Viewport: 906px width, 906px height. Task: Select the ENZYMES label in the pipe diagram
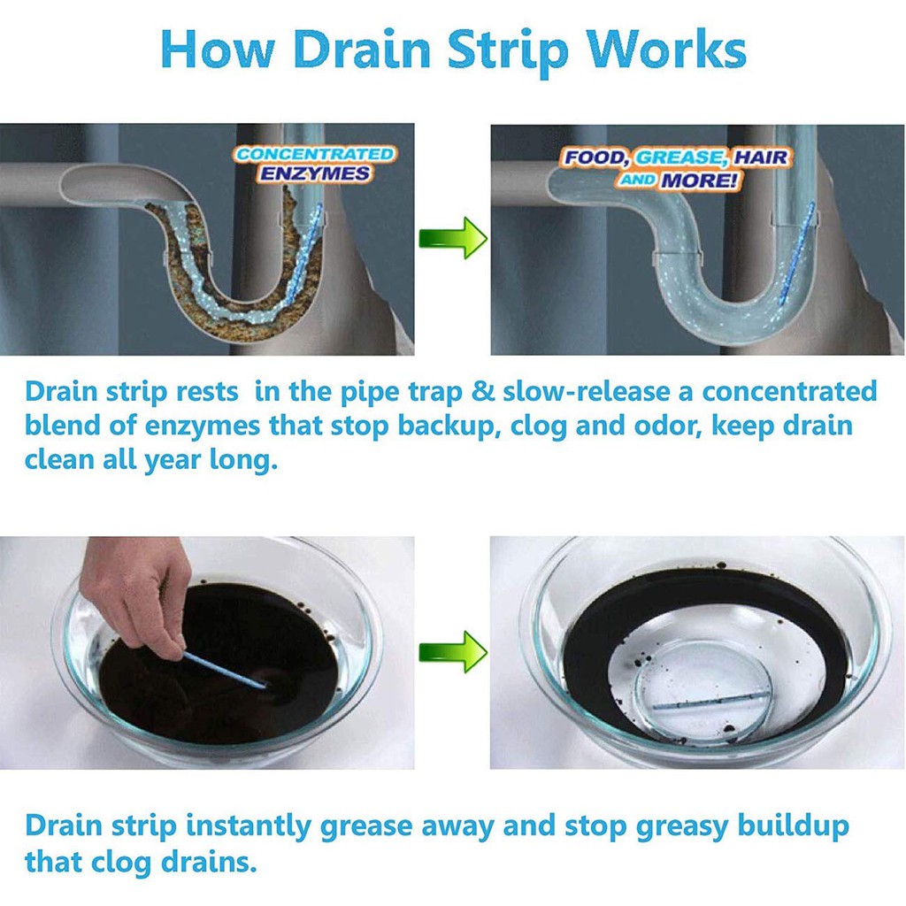(x=315, y=173)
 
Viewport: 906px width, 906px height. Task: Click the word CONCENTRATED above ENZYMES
(x=315, y=154)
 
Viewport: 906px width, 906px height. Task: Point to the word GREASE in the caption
(x=679, y=157)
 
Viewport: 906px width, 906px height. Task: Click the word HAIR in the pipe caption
(x=762, y=157)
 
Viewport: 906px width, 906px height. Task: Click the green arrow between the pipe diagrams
(x=452, y=238)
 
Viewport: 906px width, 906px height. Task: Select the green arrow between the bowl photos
(x=452, y=652)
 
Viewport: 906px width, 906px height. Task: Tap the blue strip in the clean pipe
(x=797, y=253)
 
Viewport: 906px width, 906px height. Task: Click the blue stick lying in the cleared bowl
(x=712, y=701)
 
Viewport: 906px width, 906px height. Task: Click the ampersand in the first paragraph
(x=483, y=392)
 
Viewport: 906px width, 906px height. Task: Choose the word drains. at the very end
(x=208, y=862)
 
